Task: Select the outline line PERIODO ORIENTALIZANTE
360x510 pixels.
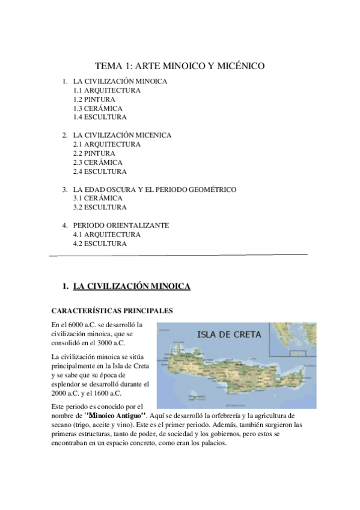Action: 121,225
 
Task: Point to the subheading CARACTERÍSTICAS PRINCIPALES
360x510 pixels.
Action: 112,311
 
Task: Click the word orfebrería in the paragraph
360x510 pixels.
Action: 234,416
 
